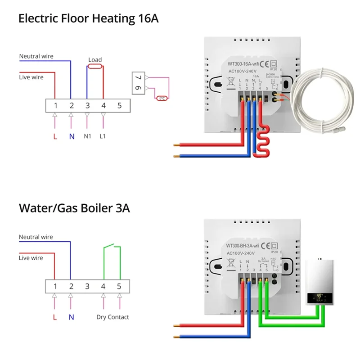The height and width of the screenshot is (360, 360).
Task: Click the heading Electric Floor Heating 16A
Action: tap(88, 18)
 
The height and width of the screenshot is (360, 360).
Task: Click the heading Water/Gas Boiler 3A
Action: tap(74, 208)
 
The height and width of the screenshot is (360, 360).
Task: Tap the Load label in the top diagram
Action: tap(95, 59)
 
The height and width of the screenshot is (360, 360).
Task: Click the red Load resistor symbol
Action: tap(95, 67)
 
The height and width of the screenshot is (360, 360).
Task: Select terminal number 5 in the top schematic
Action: tap(119, 106)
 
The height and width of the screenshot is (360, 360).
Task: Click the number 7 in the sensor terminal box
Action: tap(138, 78)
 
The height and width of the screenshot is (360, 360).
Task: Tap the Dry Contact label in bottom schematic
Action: tap(112, 317)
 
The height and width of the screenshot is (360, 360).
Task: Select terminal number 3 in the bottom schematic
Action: tap(87, 286)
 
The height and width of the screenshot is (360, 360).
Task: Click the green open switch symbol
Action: tap(112, 247)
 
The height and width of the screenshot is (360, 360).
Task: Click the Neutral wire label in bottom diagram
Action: tap(36, 237)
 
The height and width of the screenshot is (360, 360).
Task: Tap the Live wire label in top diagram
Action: tap(31, 77)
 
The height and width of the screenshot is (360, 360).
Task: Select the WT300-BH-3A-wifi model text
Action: tap(243, 246)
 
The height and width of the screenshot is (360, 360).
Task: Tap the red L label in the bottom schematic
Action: tap(55, 317)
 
